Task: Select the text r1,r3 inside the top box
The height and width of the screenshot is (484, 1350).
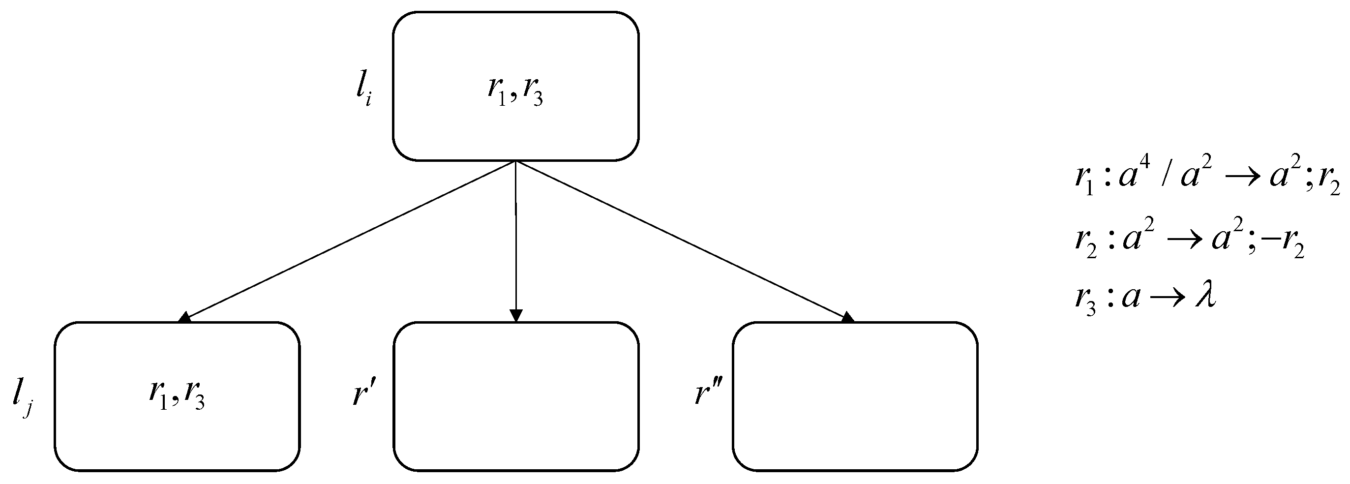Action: click(515, 91)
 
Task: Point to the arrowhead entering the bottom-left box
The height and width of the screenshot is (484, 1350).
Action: click(185, 317)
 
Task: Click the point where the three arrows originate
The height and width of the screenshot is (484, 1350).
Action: click(516, 161)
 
